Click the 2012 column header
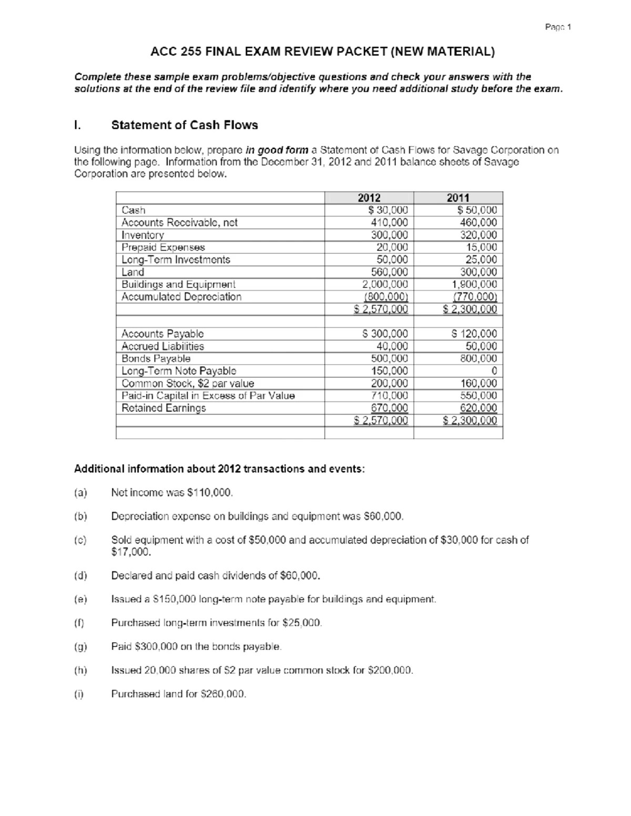[x=369, y=198]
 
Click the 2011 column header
[x=457, y=198]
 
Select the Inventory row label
[x=143, y=235]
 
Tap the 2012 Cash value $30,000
[x=388, y=210]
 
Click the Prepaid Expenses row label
[x=163, y=247]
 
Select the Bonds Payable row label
[x=156, y=358]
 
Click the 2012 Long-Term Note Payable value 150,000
[x=390, y=371]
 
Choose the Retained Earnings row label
[x=164, y=408]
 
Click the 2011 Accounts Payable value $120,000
[x=474, y=334]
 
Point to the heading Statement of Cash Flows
[x=185, y=125]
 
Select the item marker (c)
[x=80, y=540]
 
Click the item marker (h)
[x=80, y=670]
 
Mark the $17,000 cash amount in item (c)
[x=131, y=552]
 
